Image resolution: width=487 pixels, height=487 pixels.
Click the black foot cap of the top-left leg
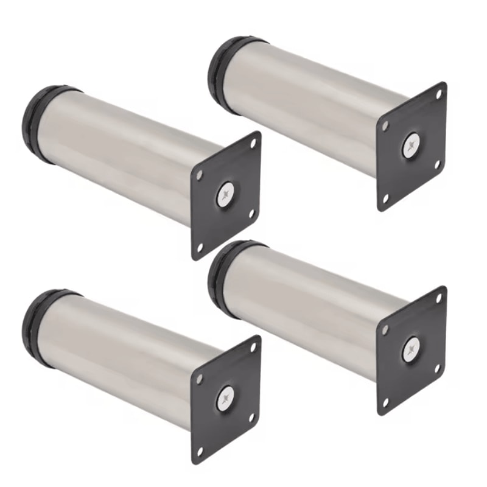38,125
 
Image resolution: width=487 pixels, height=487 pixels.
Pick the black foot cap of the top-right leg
222,74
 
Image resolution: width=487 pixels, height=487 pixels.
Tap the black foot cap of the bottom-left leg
37,328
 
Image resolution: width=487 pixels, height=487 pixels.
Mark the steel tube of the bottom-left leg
122,359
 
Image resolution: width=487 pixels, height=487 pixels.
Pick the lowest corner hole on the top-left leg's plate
198,246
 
